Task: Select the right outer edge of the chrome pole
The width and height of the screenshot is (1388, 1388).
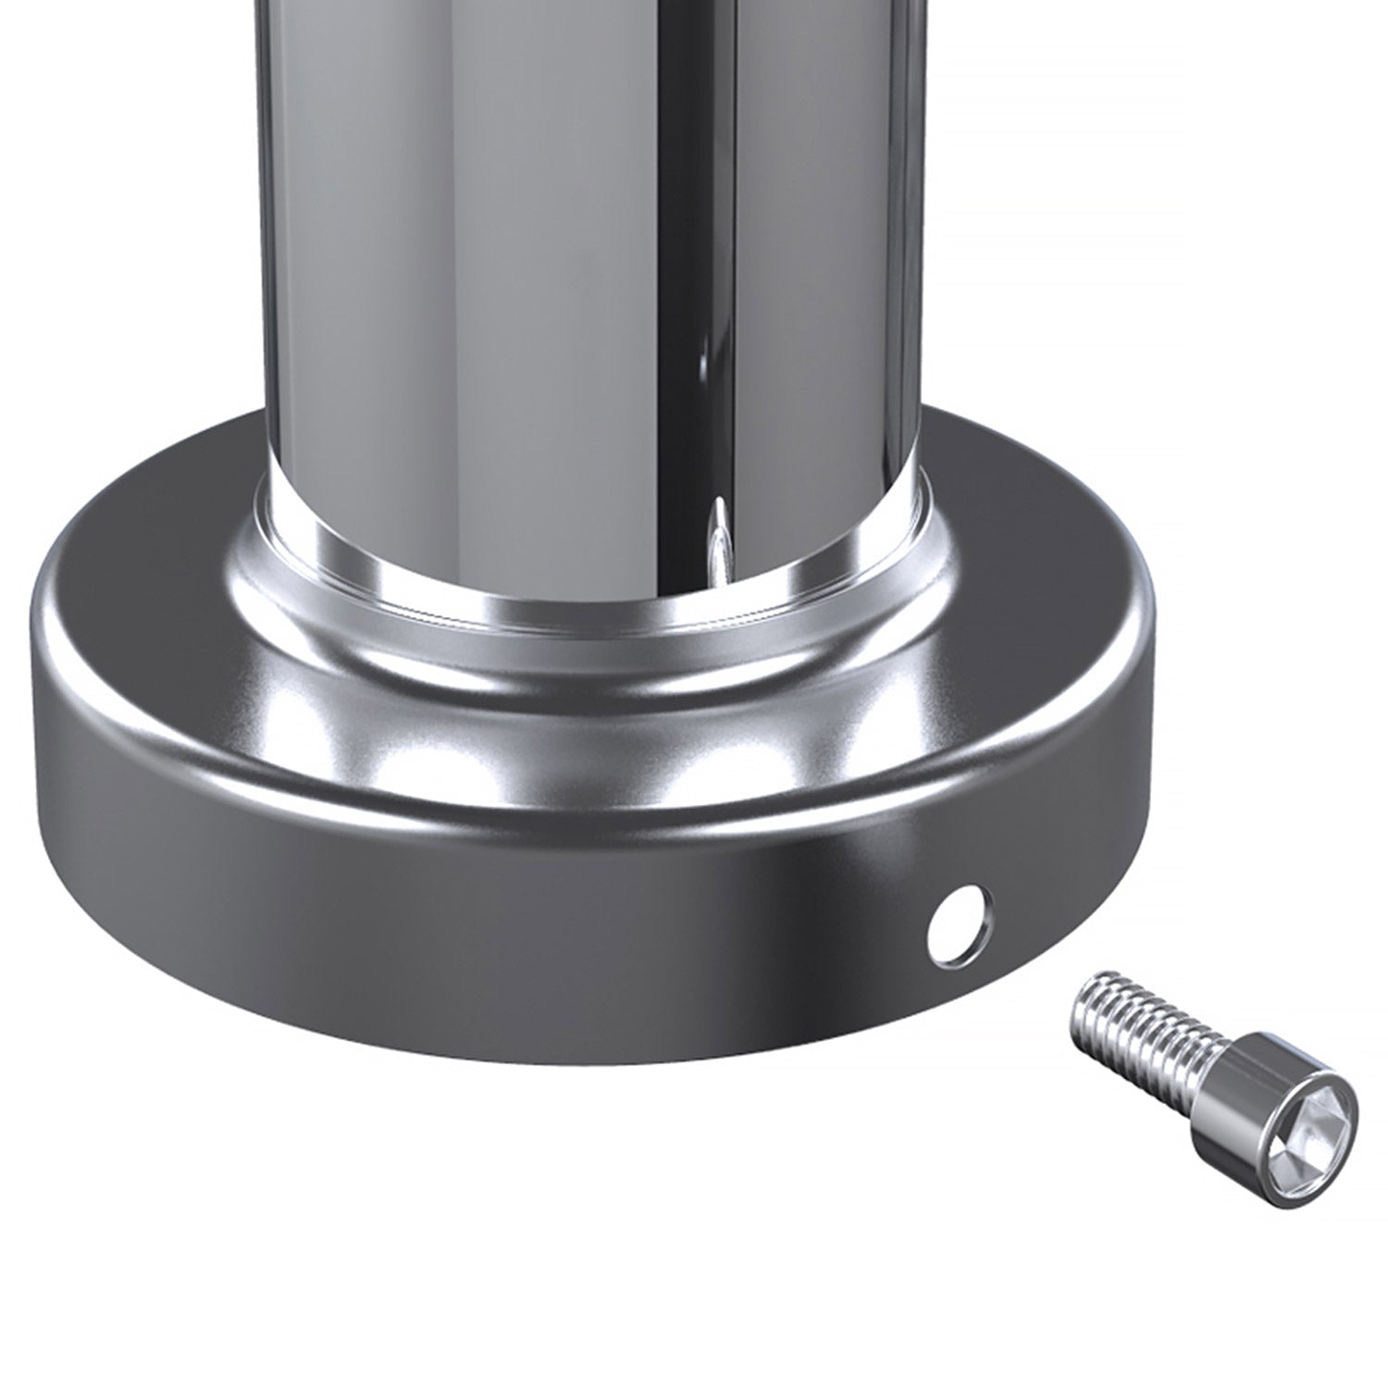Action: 925,278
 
